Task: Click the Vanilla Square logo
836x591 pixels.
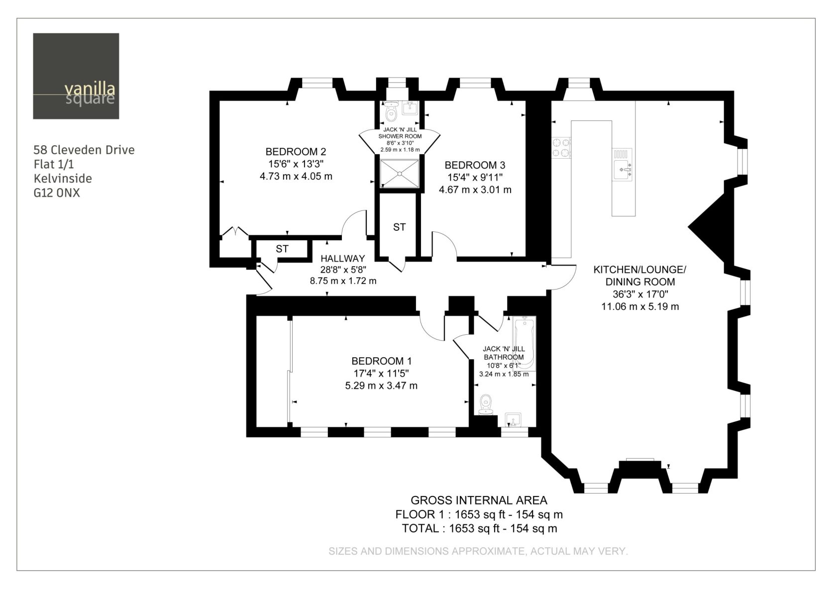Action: (x=76, y=76)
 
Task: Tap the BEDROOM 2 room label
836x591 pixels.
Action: (x=296, y=152)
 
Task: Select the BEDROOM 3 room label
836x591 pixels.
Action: (x=475, y=165)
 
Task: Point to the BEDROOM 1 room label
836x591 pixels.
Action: (x=381, y=361)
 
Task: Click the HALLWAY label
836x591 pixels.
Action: (x=342, y=259)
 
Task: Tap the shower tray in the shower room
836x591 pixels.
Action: (x=399, y=174)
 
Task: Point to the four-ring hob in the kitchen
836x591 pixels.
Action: (x=561, y=147)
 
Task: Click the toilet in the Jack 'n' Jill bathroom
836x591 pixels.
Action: (x=486, y=405)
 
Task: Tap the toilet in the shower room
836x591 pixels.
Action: (x=391, y=111)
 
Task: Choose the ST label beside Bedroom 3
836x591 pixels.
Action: (x=399, y=227)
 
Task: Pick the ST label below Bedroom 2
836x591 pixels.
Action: (x=282, y=249)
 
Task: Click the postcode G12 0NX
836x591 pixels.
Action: (x=57, y=193)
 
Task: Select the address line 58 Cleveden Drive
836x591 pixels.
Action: (x=84, y=150)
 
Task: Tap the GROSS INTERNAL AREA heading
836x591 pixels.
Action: (x=479, y=500)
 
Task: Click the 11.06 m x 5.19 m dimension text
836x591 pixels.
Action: (x=640, y=306)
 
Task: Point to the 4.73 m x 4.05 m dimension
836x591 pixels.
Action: (x=296, y=176)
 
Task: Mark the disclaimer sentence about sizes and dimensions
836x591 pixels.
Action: (x=478, y=551)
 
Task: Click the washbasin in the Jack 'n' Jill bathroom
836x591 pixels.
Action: (x=513, y=420)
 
